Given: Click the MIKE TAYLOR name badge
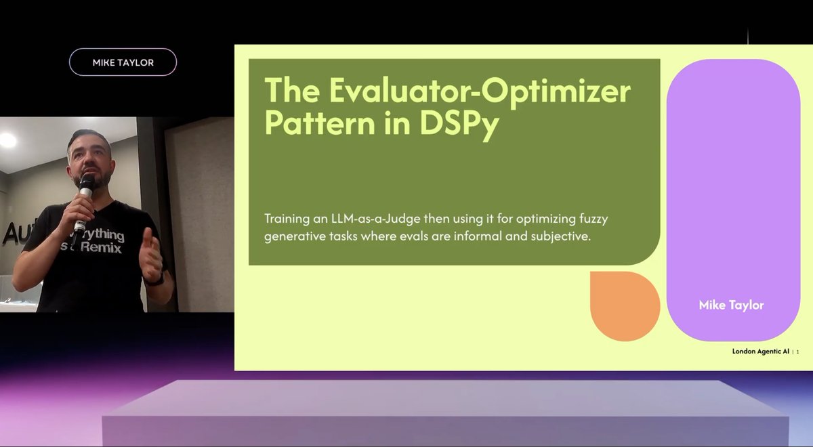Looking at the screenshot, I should [123, 62].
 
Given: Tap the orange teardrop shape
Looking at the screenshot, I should [624, 305].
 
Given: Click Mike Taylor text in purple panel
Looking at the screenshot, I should [731, 305].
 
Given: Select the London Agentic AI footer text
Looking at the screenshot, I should [760, 352].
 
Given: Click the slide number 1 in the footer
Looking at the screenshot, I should [797, 352].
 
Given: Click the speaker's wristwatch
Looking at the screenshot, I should [155, 278].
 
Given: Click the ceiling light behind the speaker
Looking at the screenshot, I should [8, 140].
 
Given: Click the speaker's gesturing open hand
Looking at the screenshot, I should [150, 253].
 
